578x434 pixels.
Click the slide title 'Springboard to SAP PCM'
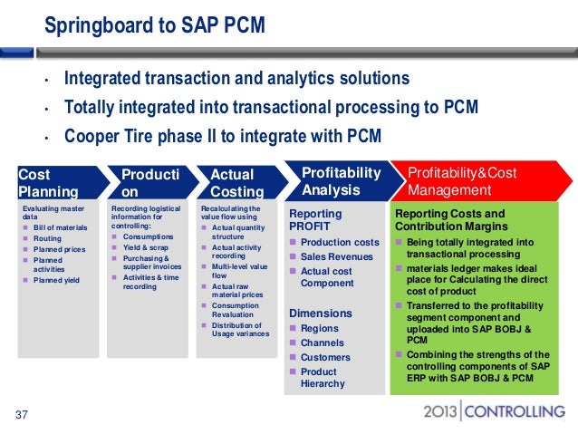point(155,24)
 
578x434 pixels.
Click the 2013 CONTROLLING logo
point(493,412)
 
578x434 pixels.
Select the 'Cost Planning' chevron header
point(50,181)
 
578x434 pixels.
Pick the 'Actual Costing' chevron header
point(238,181)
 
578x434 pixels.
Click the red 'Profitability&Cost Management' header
point(462,181)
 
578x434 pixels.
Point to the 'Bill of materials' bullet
point(61,227)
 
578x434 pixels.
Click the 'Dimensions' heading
point(320,313)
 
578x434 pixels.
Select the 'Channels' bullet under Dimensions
point(322,342)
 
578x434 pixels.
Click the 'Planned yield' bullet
point(56,281)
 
